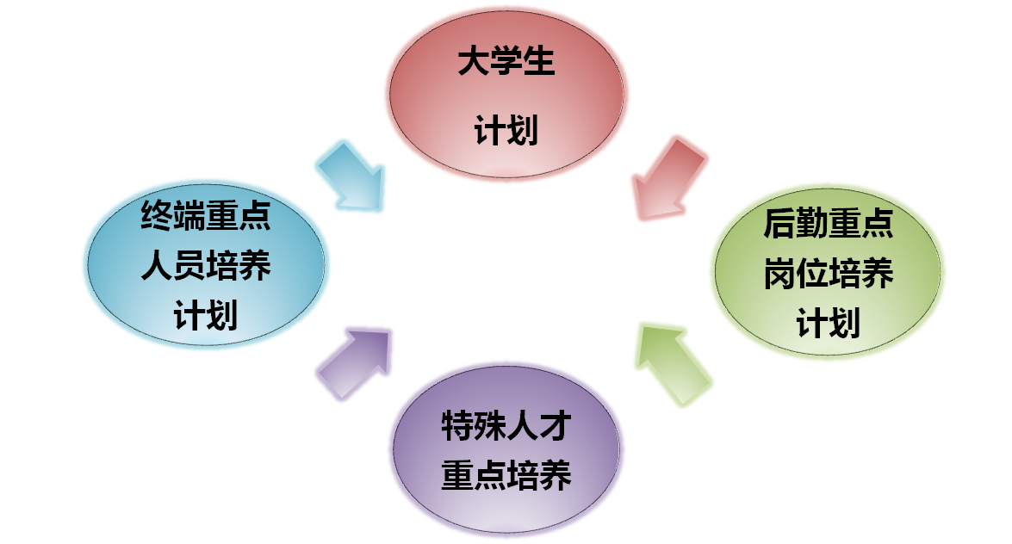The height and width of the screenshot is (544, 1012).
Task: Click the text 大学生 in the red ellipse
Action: (506, 64)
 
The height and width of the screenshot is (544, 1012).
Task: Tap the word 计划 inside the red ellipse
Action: (506, 132)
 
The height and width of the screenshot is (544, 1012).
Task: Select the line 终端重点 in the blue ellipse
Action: (206, 216)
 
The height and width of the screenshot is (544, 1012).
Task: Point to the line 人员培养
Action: (206, 266)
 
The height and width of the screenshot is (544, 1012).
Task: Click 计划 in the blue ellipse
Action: (206, 316)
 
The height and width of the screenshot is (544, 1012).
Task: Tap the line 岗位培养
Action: (828, 275)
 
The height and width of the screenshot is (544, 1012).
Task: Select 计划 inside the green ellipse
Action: (828, 325)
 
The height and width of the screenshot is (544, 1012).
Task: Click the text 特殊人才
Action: (506, 426)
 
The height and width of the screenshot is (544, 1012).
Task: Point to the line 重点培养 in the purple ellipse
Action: (506, 476)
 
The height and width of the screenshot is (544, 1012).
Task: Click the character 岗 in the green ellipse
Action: (779, 275)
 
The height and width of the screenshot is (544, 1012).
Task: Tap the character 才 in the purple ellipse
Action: (555, 426)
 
